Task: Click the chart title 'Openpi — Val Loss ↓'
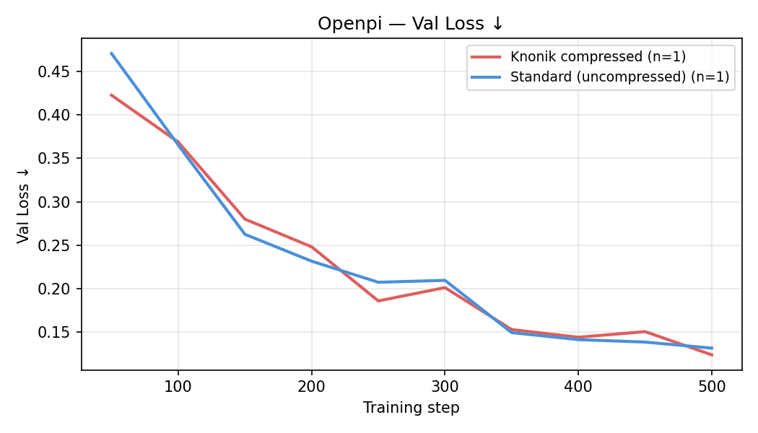(x=411, y=24)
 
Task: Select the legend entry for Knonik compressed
(x=598, y=57)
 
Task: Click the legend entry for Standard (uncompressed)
(x=619, y=76)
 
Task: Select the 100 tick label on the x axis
(x=178, y=387)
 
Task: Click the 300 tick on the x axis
(x=445, y=387)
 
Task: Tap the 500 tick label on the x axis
(x=711, y=387)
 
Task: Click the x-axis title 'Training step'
(x=411, y=408)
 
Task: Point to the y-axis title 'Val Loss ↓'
(x=23, y=204)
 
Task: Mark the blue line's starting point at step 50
(x=111, y=53)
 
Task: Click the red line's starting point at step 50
(x=111, y=95)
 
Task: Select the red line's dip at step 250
(x=378, y=301)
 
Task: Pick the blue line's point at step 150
(x=245, y=234)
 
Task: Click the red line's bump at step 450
(x=645, y=331)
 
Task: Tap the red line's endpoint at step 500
(x=712, y=355)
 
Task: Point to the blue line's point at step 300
(x=445, y=280)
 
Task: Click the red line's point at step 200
(x=311, y=247)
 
